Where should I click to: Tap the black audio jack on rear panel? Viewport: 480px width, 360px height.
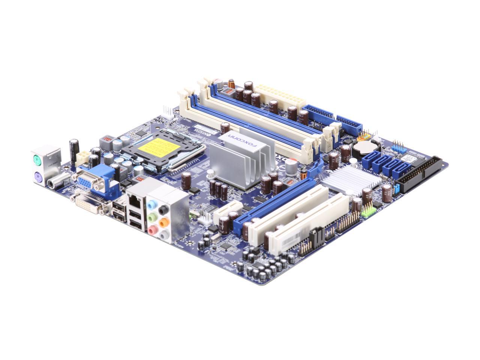[x=163, y=209]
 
